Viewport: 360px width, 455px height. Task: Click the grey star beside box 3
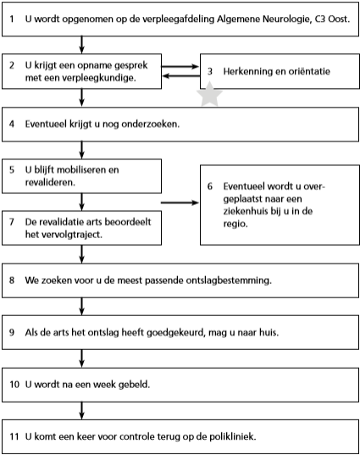[x=209, y=94]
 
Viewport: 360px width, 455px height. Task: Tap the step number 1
[x=12, y=19]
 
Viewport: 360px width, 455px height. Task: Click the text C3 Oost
[x=330, y=19]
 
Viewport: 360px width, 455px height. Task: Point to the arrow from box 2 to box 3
[x=180, y=66]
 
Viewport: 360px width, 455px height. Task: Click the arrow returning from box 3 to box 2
[x=180, y=76]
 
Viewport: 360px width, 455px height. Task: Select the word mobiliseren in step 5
[x=82, y=169]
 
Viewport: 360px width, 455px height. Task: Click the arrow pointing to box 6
[x=180, y=203]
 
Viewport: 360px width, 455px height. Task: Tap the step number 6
[x=210, y=186]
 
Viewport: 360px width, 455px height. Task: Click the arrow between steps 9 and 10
[x=82, y=358]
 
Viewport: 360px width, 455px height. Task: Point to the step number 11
[x=14, y=436]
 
